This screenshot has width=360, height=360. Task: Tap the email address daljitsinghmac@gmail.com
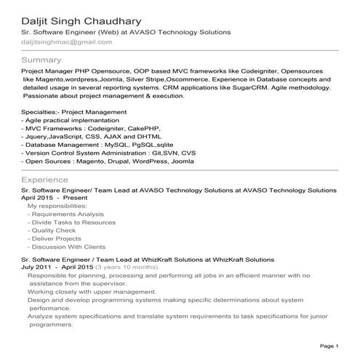click(67, 42)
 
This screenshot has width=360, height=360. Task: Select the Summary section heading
click(41, 59)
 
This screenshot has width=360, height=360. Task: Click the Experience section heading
click(45, 179)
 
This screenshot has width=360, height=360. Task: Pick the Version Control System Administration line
click(109, 153)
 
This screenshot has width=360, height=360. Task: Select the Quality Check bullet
click(53, 231)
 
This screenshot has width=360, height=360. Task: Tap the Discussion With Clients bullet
click(69, 247)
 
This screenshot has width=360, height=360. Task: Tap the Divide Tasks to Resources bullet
click(71, 223)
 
